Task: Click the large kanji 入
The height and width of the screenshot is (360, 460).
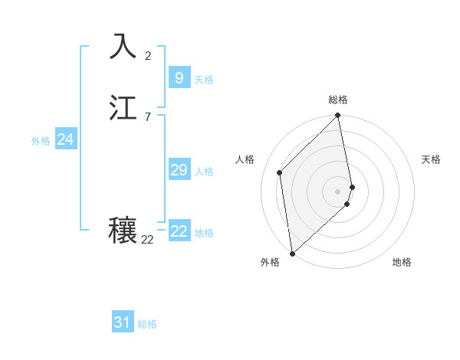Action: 123,47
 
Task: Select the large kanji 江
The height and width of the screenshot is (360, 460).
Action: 123,108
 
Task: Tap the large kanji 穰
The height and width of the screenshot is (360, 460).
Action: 123,231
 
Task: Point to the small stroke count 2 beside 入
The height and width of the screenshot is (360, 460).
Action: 147,55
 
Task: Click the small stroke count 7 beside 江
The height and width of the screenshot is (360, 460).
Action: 147,116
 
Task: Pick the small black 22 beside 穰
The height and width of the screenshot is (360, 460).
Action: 147,239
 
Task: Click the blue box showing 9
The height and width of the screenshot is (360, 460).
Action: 179,78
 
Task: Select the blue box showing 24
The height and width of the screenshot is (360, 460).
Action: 65,139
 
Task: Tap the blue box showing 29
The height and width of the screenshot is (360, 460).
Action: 179,170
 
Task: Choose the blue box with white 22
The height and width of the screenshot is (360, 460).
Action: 179,231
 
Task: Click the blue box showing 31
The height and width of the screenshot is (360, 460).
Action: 122,323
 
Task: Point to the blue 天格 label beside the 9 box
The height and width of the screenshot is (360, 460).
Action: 204,80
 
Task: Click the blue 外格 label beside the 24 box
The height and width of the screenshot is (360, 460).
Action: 41,141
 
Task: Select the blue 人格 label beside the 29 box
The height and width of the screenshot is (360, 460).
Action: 204,172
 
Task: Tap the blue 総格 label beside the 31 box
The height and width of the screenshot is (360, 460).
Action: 147,325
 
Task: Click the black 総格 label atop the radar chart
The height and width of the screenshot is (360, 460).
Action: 338,100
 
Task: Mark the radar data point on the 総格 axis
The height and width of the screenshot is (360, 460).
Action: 338,116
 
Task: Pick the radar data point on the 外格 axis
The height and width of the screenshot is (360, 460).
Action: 291,253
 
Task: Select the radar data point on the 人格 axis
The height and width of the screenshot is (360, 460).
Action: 280,172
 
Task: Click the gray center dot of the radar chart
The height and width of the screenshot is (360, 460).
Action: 338,191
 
